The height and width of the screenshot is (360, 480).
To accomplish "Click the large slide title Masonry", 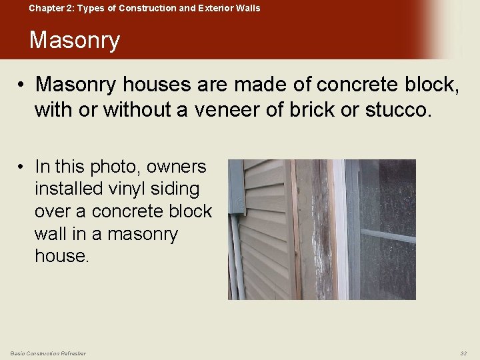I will [x=74, y=41].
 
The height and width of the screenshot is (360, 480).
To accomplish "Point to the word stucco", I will [x=398, y=109].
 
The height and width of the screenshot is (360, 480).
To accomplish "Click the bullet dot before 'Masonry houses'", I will [x=22, y=85].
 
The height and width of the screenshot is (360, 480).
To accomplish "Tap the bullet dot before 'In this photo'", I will [x=22, y=167].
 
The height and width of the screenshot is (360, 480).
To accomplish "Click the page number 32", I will [x=463, y=353].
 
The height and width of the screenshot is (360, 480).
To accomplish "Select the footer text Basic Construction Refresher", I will [x=48, y=353].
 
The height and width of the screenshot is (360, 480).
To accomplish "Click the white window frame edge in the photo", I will [x=341, y=227].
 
